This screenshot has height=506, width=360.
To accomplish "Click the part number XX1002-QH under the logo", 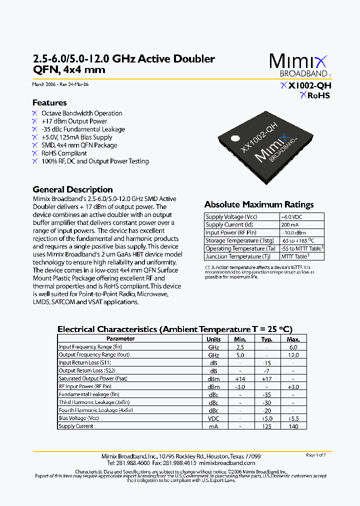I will coord(306,85).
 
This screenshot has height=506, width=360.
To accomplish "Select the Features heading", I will coord(49,102).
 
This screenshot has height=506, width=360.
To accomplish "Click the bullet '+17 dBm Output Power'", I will coord(74,121).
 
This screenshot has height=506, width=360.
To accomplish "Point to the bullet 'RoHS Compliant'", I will coord(64,153).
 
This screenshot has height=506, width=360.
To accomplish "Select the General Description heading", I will coord(72,189).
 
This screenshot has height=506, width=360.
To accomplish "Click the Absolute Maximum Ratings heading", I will coord(259,204).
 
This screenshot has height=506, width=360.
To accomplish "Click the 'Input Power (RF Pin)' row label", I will coord(231,232).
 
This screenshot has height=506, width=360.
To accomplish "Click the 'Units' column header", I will coord(213,339).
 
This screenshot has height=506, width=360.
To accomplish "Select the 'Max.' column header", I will coord(293,339).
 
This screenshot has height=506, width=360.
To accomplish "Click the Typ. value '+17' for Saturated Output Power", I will coord(266,378).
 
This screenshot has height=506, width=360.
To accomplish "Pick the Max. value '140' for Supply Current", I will coord(293,426).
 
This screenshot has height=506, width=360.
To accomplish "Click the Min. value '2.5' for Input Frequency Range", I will coord(240,347).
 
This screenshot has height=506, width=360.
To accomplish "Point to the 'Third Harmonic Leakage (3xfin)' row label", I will coord(94,402).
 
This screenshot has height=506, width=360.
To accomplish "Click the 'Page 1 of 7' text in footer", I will coord(315,455).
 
